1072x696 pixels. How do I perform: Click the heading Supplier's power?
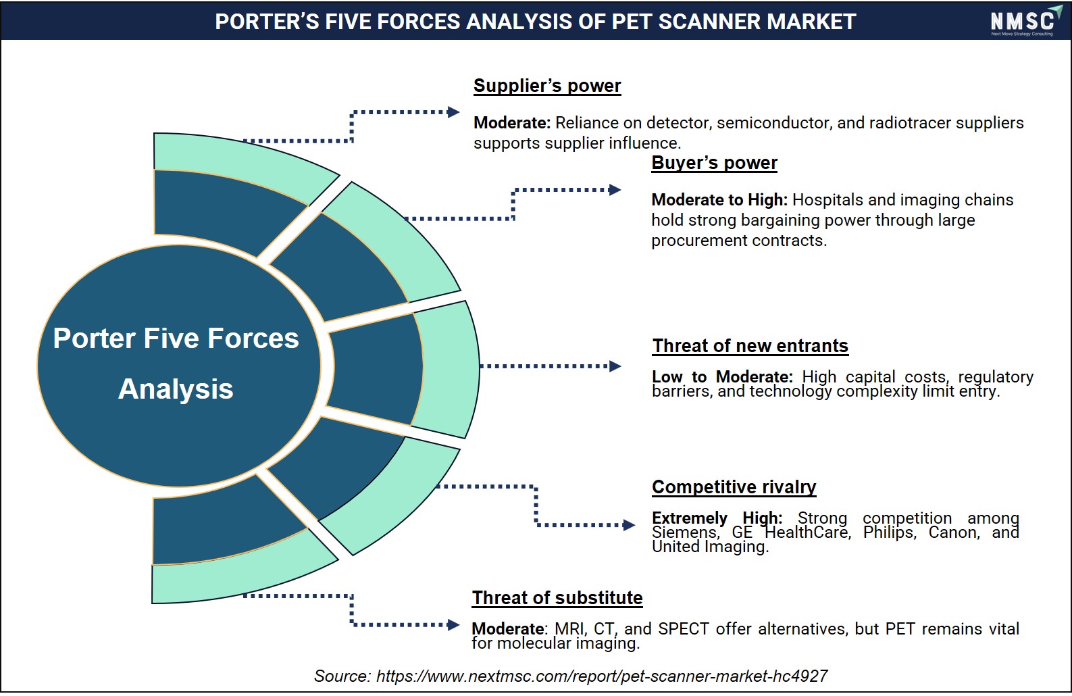547,86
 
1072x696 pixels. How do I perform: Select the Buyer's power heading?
714,163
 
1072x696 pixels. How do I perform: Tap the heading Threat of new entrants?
750,345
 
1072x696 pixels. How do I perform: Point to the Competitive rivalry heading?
734,487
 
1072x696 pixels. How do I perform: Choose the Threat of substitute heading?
557,598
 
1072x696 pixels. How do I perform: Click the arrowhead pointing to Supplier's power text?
453,112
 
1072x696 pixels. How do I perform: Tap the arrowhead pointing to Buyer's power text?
615,190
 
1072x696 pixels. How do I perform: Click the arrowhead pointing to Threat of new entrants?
615,367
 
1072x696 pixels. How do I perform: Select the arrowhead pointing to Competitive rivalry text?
629,525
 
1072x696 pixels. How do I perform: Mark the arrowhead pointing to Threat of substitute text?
453,624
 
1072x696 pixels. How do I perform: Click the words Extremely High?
717,518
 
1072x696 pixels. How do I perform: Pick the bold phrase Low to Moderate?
722,377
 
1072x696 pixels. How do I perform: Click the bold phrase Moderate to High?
719,199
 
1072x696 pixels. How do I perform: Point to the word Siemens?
686,532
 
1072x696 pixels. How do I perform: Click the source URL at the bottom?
602,676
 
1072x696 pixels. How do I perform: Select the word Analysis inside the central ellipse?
176,389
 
